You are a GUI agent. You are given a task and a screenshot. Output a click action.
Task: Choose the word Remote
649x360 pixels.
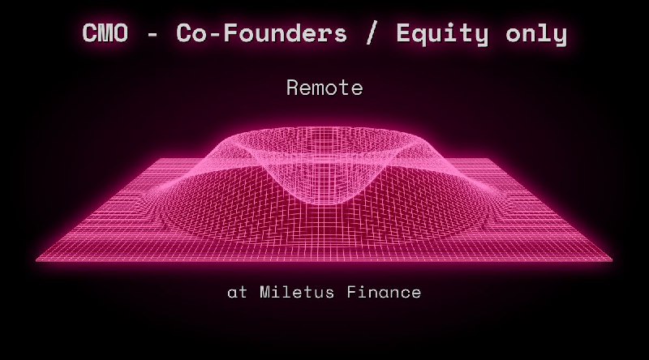click(x=324, y=88)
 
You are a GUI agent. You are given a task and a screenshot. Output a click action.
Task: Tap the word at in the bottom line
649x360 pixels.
click(x=237, y=292)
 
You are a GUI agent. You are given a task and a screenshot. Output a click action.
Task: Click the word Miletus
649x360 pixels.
click(x=294, y=292)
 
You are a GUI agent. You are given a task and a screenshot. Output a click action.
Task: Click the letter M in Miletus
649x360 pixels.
click(x=265, y=292)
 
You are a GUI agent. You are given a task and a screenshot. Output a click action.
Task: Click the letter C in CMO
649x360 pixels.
click(x=90, y=34)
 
